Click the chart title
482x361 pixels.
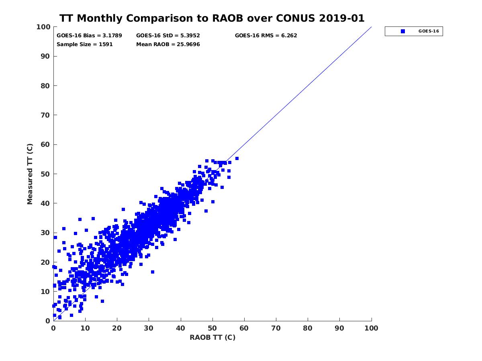212,18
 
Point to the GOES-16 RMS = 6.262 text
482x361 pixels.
266,35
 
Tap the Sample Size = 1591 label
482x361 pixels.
84,45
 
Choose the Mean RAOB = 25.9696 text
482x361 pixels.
168,45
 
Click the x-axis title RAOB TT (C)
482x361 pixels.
212,337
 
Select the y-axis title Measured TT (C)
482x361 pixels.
30,174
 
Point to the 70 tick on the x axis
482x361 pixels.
276,328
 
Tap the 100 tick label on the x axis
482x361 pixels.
371,328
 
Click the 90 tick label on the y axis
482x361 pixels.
45,56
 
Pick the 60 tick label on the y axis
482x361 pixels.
45,144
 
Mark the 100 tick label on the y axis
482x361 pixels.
44,27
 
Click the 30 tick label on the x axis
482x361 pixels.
149,328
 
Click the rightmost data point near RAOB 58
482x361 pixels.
237,158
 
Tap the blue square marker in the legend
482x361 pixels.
403,31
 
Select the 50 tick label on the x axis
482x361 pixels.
212,328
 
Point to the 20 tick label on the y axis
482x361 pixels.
45,262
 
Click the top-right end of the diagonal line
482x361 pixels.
371,27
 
